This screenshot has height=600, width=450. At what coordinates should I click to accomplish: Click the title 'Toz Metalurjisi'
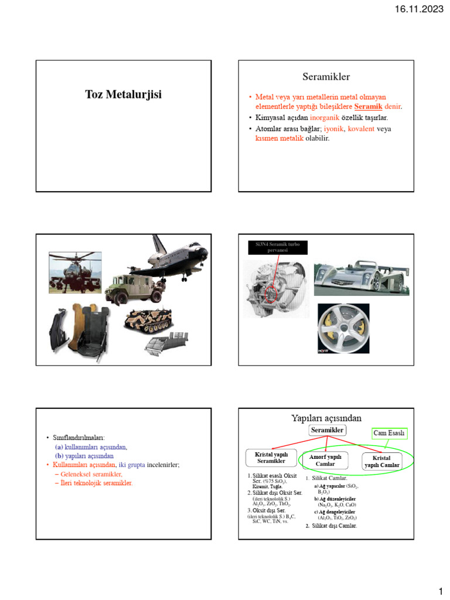[x=123, y=94]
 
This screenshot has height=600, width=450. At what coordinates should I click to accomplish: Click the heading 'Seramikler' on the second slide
[x=326, y=77]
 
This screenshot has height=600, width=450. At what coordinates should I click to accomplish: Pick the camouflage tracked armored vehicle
[x=149, y=321]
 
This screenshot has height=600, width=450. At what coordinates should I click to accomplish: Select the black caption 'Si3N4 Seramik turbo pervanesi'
[x=277, y=247]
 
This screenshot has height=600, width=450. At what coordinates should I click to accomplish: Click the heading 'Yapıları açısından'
[x=326, y=418]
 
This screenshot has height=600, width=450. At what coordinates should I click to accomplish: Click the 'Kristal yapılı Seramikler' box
[x=271, y=458]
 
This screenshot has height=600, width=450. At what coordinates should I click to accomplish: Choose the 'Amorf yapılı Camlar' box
[x=325, y=460]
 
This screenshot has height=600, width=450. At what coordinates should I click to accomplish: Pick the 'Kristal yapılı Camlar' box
[x=382, y=461]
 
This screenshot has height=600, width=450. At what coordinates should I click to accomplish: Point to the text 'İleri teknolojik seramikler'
[x=97, y=483]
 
